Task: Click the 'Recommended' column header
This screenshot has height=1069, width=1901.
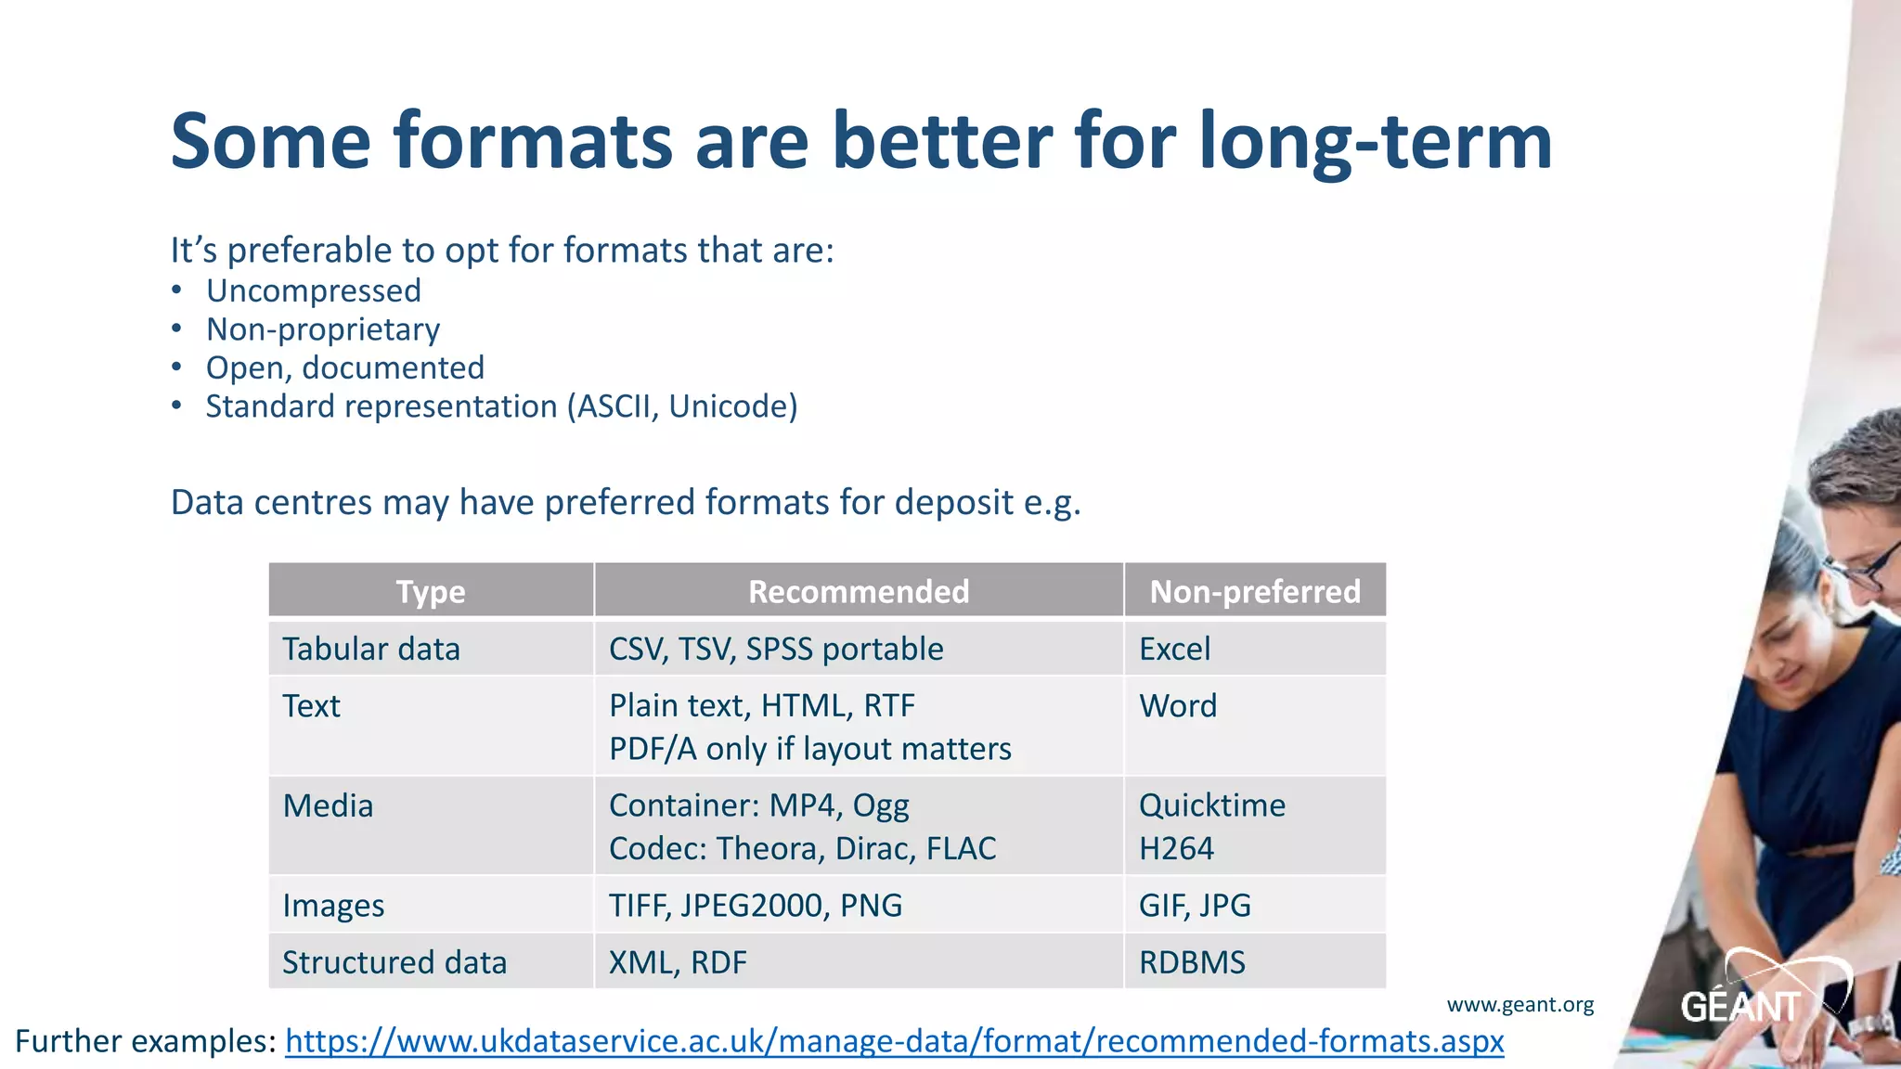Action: [x=859, y=591]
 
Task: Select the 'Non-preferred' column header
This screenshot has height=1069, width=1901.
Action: [x=1255, y=591]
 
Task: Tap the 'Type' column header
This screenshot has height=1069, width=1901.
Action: [x=431, y=591]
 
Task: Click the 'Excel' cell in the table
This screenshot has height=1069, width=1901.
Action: [x=1175, y=649]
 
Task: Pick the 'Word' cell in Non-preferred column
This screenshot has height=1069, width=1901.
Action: [x=1178, y=706]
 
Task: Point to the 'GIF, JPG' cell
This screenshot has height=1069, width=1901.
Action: [x=1195, y=905]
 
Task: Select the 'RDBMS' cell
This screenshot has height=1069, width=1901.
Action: [x=1192, y=962]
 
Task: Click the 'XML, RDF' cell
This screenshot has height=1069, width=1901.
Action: [x=678, y=962]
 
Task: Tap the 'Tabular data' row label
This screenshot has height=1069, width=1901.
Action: [x=371, y=649]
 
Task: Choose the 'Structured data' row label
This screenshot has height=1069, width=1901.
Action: [x=394, y=962]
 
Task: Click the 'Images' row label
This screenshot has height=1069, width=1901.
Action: [x=333, y=905]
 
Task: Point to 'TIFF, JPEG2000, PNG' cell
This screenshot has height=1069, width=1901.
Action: [x=756, y=905]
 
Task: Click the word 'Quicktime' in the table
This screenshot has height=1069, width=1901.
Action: [x=1212, y=805]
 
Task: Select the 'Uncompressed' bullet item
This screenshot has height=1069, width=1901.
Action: [x=314, y=290]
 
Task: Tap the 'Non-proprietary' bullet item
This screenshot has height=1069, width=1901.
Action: [x=323, y=329]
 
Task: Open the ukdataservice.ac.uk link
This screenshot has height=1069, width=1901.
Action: [x=894, y=1041]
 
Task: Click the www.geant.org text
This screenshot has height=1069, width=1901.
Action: [x=1520, y=1004]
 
